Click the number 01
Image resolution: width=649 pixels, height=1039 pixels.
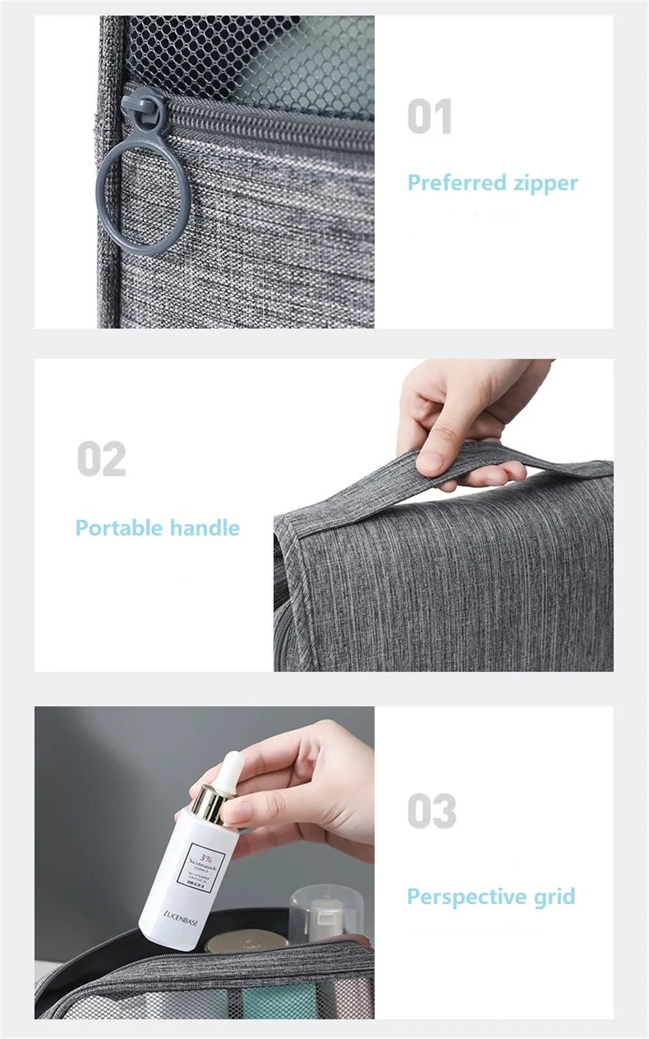tap(429, 117)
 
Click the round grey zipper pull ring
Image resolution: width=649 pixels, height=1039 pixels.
tap(143, 195)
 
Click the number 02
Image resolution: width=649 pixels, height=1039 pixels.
tap(101, 459)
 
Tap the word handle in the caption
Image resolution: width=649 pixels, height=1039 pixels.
tap(206, 528)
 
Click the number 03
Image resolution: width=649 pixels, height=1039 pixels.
tap(432, 811)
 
